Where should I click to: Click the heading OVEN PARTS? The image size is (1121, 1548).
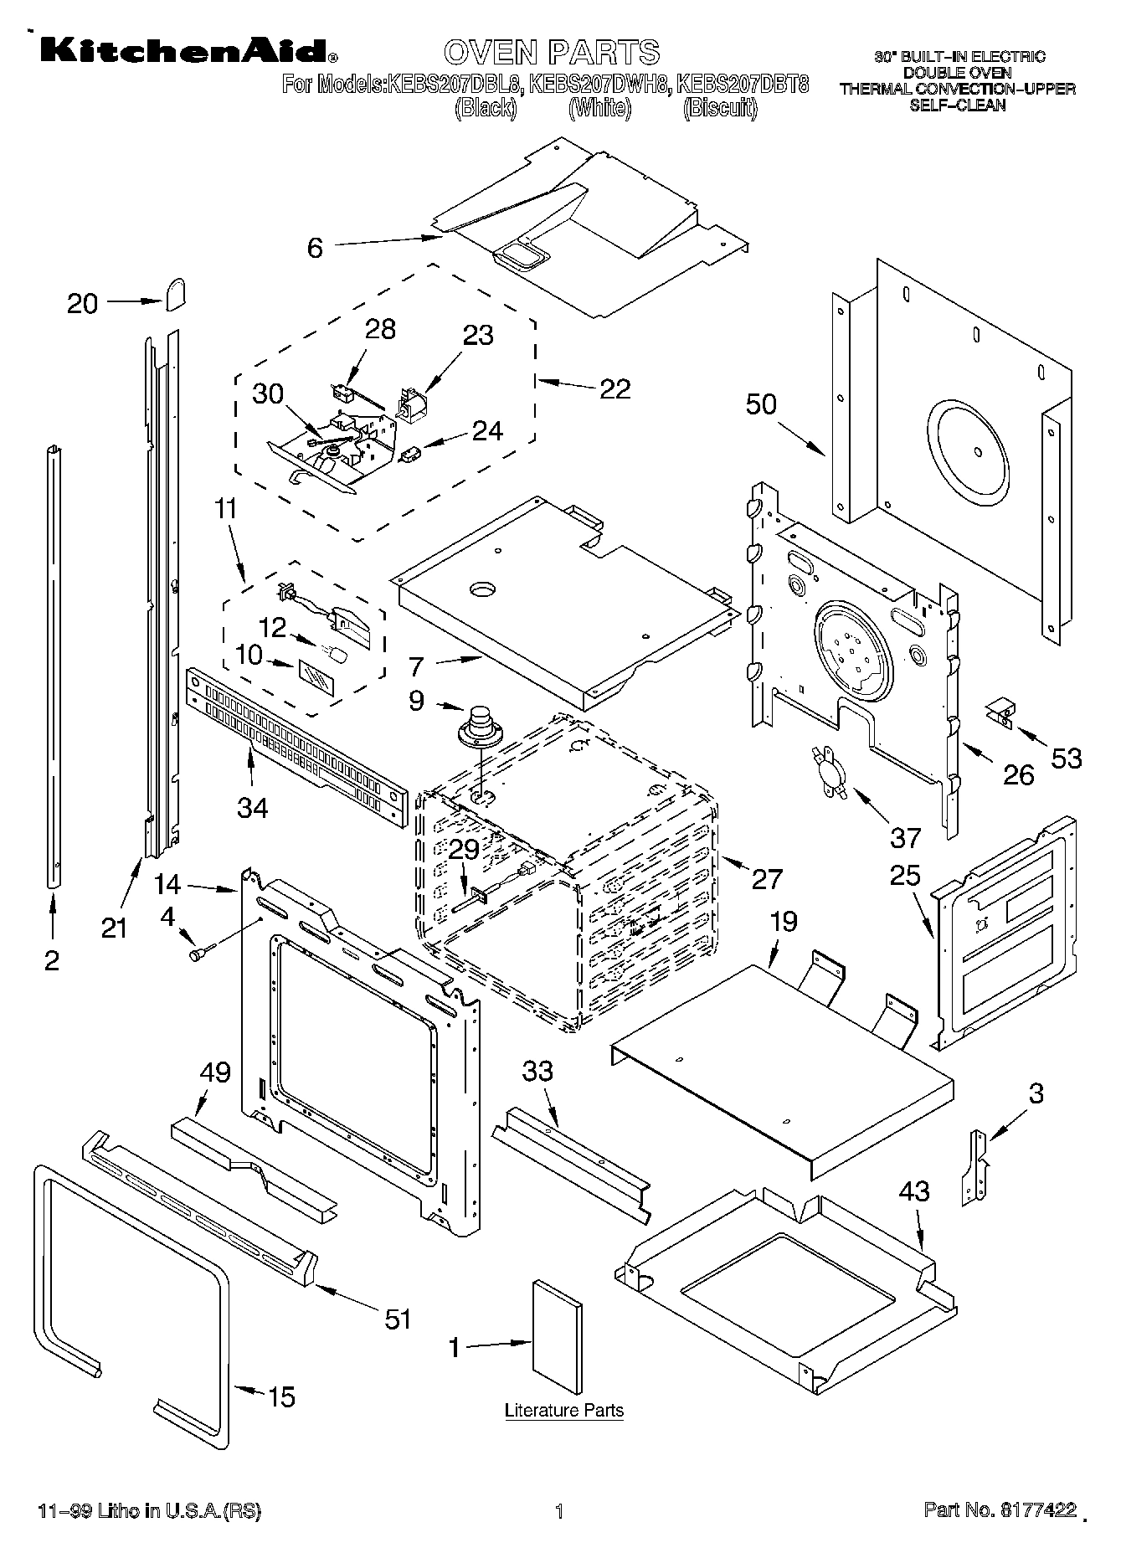tap(552, 52)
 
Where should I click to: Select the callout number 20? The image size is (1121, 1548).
tap(82, 303)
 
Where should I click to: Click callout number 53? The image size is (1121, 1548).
tap(1066, 759)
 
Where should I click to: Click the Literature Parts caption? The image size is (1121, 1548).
tap(563, 1410)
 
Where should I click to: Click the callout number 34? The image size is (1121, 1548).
tap(252, 807)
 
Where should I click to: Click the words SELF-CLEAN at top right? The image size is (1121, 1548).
tap(957, 105)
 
